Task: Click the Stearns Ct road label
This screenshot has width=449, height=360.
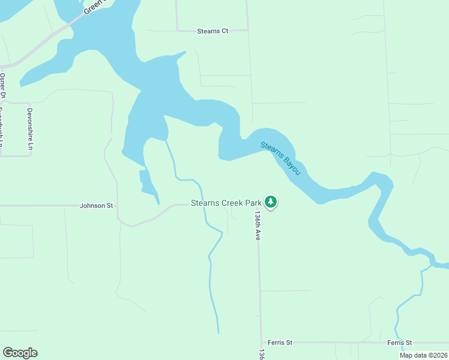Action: pyautogui.click(x=213, y=30)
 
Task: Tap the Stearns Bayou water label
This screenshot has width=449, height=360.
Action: pyautogui.click(x=280, y=158)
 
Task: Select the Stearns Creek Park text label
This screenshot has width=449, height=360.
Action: pyautogui.click(x=226, y=203)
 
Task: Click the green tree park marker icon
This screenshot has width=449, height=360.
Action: pyautogui.click(x=271, y=202)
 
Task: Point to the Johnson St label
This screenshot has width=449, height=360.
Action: pyautogui.click(x=97, y=205)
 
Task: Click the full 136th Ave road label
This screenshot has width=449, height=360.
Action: pyautogui.click(x=257, y=225)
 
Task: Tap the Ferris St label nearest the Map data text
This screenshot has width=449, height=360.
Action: pyautogui.click(x=399, y=343)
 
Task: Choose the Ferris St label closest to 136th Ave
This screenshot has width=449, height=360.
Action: pyautogui.click(x=280, y=343)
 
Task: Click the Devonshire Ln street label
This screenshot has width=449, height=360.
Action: pyautogui.click(x=29, y=129)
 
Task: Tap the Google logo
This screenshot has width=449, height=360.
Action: pyautogui.click(x=20, y=353)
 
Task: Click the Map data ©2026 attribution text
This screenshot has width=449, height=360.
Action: pyautogui.click(x=423, y=355)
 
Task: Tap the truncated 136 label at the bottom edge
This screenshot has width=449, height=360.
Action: pyautogui.click(x=261, y=354)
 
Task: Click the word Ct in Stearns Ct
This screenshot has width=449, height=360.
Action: pyautogui.click(x=225, y=30)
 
